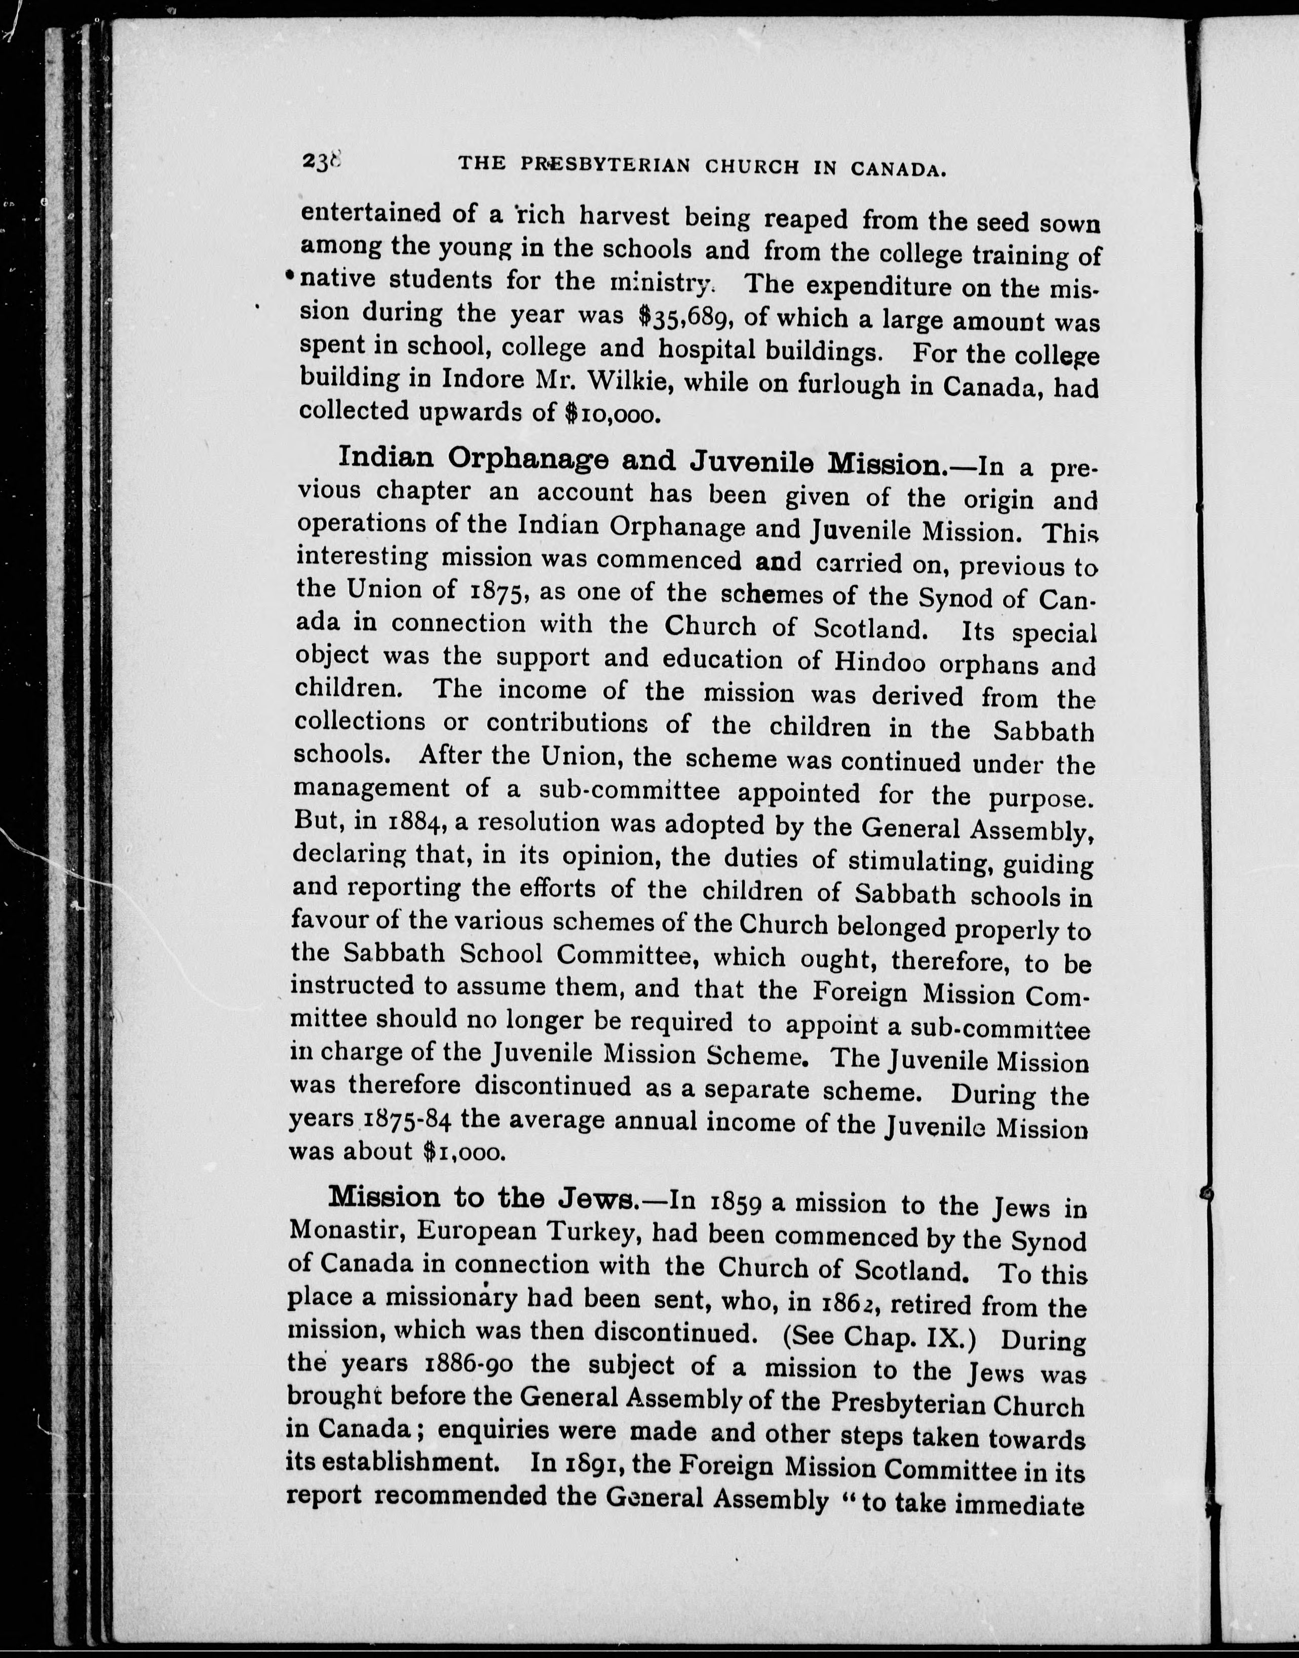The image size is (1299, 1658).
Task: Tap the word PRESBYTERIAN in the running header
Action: coord(605,165)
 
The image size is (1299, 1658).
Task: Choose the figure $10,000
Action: coord(610,413)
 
